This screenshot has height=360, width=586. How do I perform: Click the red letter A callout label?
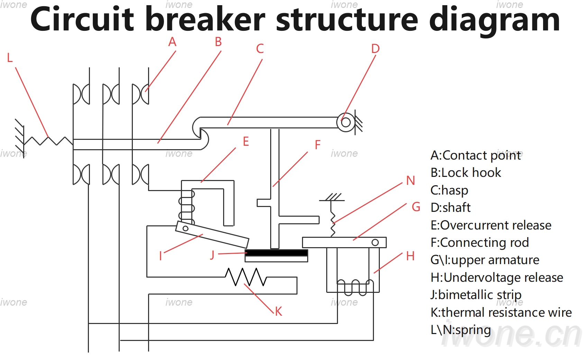[x=172, y=42]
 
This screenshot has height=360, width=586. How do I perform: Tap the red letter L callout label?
[x=10, y=57]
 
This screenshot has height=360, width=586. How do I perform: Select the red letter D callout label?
[x=375, y=49]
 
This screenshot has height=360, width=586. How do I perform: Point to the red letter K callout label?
[x=278, y=311]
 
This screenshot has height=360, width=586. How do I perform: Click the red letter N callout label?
[x=411, y=181]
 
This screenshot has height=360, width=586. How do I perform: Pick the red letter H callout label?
[x=411, y=256]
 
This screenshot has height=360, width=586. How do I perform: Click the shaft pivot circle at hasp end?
[x=346, y=122]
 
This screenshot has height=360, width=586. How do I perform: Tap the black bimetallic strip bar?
[x=276, y=253]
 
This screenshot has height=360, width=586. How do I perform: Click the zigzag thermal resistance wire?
[x=246, y=277]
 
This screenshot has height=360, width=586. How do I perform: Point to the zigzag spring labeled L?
[x=48, y=141]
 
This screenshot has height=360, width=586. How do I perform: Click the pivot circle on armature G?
[x=375, y=242]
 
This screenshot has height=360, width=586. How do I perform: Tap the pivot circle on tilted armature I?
[x=185, y=228]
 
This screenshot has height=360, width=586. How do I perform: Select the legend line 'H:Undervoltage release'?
[x=497, y=278]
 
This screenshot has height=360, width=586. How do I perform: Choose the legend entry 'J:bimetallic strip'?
[x=476, y=295]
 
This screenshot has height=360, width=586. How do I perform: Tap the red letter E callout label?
[x=246, y=142]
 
